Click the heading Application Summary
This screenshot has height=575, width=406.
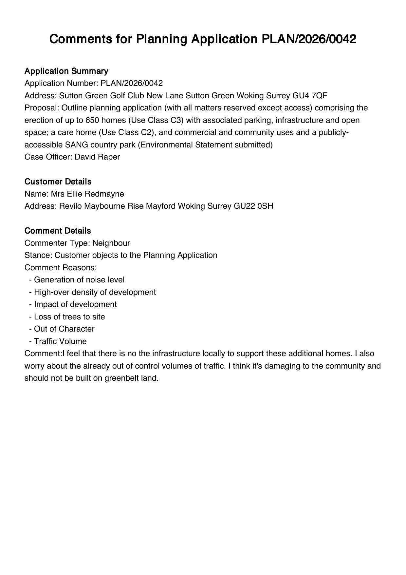(x=66, y=71)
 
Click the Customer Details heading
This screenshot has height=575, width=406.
(x=58, y=182)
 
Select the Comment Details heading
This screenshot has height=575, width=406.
(x=58, y=231)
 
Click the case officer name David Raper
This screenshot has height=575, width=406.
(x=97, y=157)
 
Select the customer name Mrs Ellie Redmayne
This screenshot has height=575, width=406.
(x=87, y=194)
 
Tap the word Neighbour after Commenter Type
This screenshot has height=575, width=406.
(x=111, y=243)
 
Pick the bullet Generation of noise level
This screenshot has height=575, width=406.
(x=79, y=280)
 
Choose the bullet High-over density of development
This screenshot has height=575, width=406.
(x=95, y=292)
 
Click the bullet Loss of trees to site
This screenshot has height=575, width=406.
(x=69, y=317)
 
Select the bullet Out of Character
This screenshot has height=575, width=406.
(x=64, y=329)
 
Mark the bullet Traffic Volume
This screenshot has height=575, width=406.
(x=60, y=341)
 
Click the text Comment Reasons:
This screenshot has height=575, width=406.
(x=61, y=268)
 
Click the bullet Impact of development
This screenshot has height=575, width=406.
(x=75, y=304)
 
